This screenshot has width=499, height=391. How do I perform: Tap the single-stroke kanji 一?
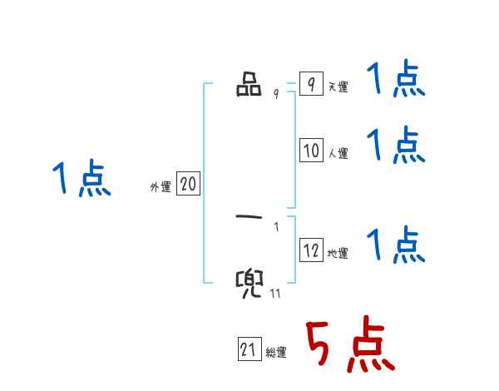[249, 219]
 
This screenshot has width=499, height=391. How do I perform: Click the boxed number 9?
[310, 85]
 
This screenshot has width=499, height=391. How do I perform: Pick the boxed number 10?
[311, 151]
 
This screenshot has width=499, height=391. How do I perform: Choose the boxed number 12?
[311, 250]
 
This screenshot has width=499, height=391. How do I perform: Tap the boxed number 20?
[188, 185]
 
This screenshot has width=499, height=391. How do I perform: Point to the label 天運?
[338, 87]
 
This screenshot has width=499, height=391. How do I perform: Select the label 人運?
[338, 154]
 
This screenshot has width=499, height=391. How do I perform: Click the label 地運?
[338, 254]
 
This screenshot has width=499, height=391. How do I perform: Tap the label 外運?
[160, 188]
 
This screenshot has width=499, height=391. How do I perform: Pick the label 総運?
[276, 353]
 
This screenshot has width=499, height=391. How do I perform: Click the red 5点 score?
[348, 345]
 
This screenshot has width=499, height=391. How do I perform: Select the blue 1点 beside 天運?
[396, 80]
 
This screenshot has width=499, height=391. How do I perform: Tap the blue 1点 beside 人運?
[396, 146]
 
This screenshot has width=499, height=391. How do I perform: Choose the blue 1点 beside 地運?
[396, 245]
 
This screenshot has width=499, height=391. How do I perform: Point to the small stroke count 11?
[274, 293]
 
